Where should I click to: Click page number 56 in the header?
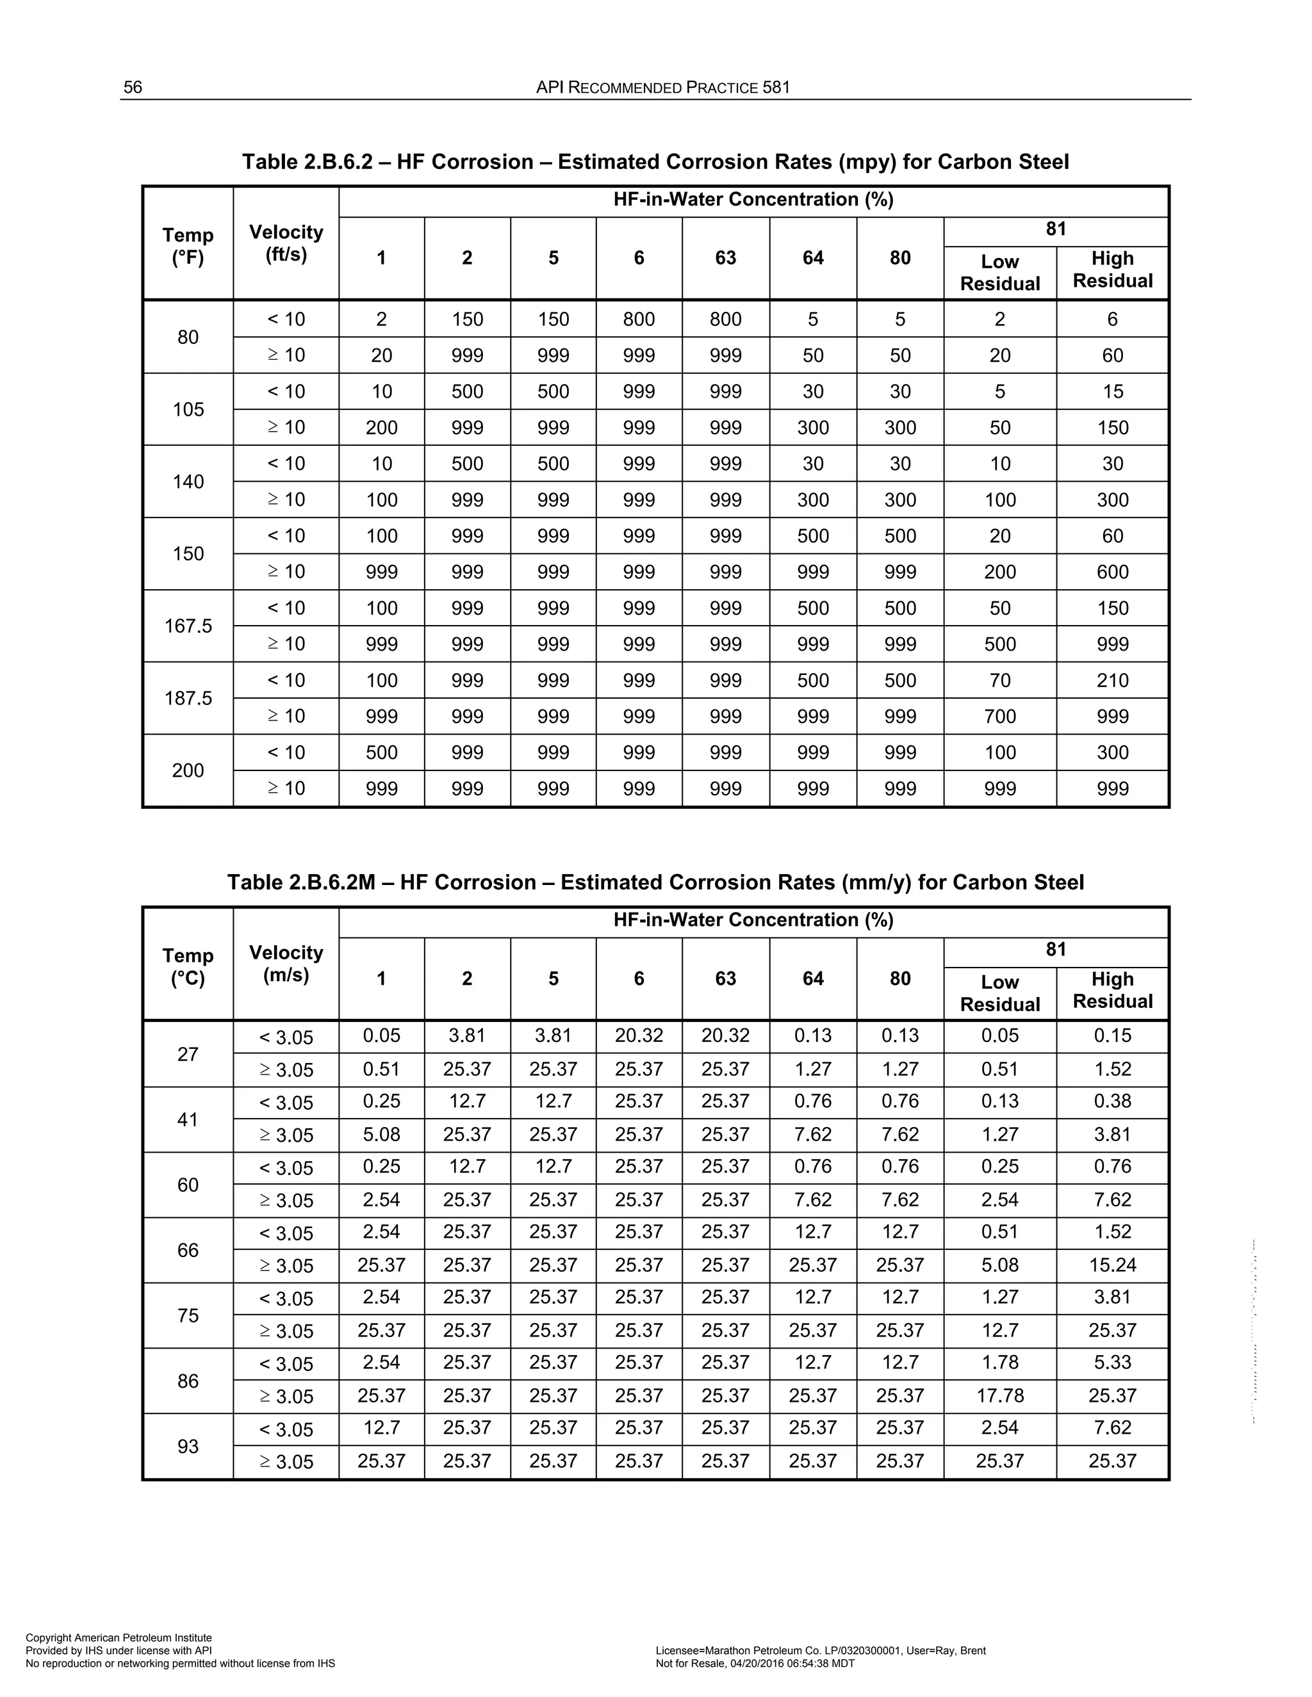133,87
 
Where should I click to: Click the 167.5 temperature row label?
188,626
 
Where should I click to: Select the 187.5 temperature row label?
188,699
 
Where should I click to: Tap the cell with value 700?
999,717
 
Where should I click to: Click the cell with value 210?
1112,681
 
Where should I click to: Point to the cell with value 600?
1112,572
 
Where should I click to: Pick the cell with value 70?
999,681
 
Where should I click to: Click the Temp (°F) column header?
188,247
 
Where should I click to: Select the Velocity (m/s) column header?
286,964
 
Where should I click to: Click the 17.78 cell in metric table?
999,1395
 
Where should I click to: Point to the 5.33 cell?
1112,1363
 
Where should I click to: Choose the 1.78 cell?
999,1363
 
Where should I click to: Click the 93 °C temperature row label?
188,1446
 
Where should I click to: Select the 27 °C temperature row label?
188,1055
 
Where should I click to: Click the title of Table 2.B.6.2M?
655,882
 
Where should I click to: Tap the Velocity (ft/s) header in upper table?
286,243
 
